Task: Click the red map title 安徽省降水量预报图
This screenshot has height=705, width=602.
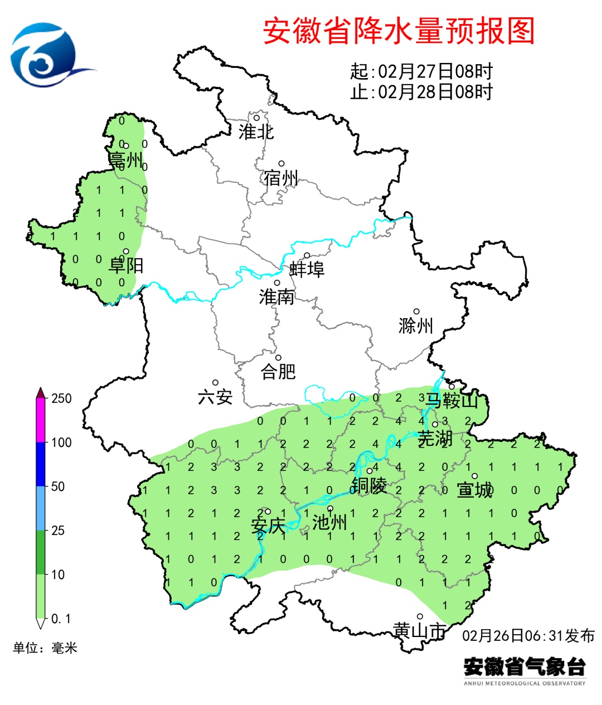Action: point(399,31)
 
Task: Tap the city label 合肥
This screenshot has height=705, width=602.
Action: point(278,371)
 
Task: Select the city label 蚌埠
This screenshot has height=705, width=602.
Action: point(307,269)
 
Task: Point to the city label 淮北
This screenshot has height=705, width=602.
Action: point(256,132)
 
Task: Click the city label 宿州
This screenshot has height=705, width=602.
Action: point(281,178)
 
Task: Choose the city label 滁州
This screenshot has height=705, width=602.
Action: point(416,325)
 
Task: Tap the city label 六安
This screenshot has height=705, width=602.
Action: point(215,397)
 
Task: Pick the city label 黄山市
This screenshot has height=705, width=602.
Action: point(420,630)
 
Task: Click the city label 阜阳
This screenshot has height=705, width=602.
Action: point(126,265)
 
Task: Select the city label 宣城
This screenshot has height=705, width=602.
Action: point(475,490)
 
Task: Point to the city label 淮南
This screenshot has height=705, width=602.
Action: point(276,296)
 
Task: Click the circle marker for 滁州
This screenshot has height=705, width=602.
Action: point(416,312)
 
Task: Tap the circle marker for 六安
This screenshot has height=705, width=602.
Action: point(215,383)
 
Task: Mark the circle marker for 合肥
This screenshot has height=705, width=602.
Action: point(278,358)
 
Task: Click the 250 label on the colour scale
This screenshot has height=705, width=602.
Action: point(61,398)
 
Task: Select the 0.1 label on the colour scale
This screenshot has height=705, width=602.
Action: point(61,619)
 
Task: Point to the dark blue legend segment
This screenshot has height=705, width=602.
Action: point(41,464)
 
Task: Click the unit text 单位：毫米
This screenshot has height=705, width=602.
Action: point(45,648)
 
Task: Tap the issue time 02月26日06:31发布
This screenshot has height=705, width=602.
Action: point(528,636)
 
